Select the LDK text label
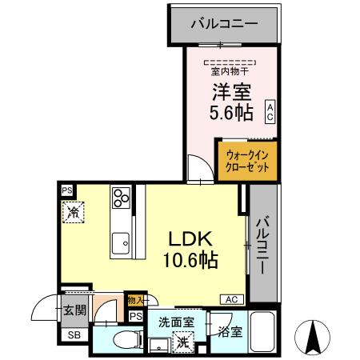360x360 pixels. point(189,238)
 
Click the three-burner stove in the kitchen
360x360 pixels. point(122,198)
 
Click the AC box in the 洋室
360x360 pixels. point(270,110)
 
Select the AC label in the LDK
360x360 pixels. point(231,299)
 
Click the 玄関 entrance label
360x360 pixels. point(74,310)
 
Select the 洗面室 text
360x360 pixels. point(175,322)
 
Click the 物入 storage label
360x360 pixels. point(135,301)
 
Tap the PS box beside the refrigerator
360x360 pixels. point(68,190)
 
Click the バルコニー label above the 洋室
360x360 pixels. point(224,24)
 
